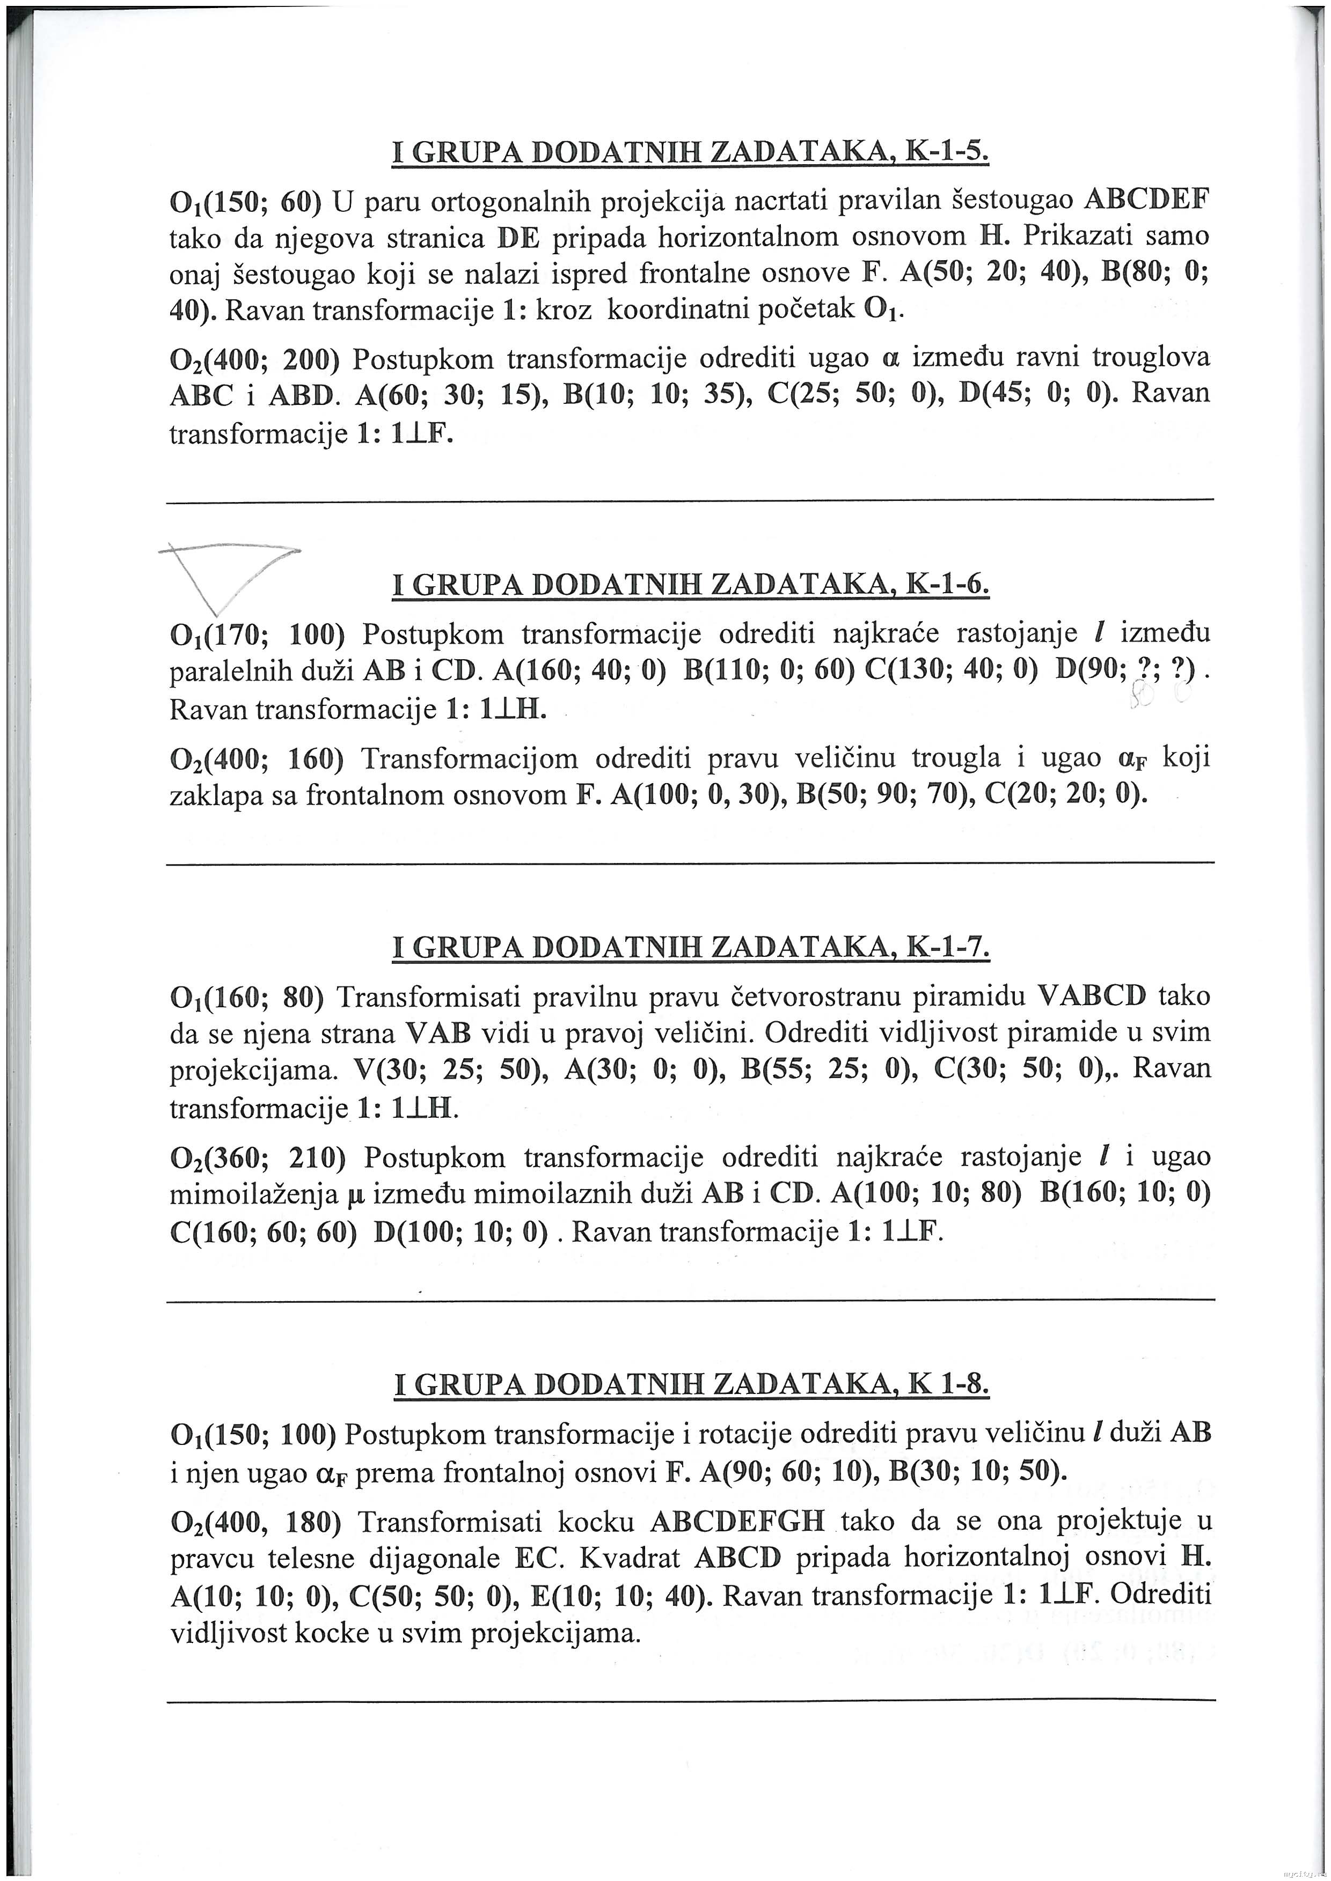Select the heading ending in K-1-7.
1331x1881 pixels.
tap(691, 948)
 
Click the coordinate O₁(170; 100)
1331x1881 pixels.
tap(255, 634)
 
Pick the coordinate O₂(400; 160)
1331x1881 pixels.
tap(255, 758)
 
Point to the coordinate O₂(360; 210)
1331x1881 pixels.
tap(255, 1157)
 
